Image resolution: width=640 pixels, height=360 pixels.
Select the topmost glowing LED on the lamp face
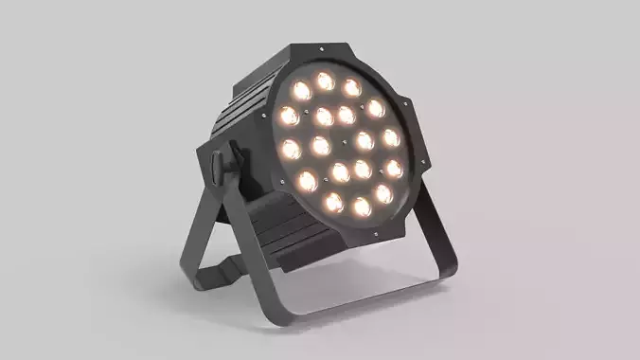tap(326, 81)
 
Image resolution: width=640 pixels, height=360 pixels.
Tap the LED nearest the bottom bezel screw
tap(361, 206)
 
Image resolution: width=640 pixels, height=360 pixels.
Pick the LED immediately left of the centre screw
tap(321, 145)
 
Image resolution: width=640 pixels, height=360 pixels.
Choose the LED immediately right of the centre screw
tap(364, 141)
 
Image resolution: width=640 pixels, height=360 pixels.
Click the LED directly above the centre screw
tap(347, 115)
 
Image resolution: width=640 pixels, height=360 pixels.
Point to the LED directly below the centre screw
tap(339, 172)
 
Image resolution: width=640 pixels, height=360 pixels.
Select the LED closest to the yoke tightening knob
tap(290, 149)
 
